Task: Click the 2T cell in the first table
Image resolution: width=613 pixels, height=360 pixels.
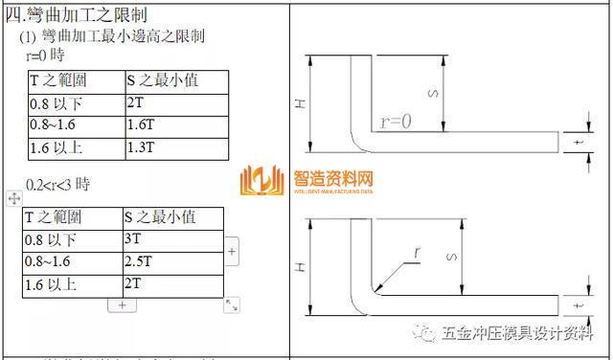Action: pyautogui.click(x=135, y=101)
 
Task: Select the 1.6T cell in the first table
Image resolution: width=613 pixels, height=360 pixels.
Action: pyautogui.click(x=140, y=124)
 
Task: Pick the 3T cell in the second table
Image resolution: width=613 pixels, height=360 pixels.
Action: pyautogui.click(x=133, y=239)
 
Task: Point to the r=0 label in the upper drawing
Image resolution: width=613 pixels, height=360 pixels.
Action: pyautogui.click(x=395, y=122)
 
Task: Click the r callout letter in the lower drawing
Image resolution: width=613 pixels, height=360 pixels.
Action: pyautogui.click(x=417, y=253)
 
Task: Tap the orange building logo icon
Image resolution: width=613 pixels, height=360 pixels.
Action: pyautogui.click(x=263, y=182)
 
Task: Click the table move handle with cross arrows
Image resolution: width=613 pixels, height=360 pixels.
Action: pyautogui.click(x=13, y=198)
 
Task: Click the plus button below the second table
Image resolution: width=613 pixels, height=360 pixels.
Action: pyautogui.click(x=121, y=304)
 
